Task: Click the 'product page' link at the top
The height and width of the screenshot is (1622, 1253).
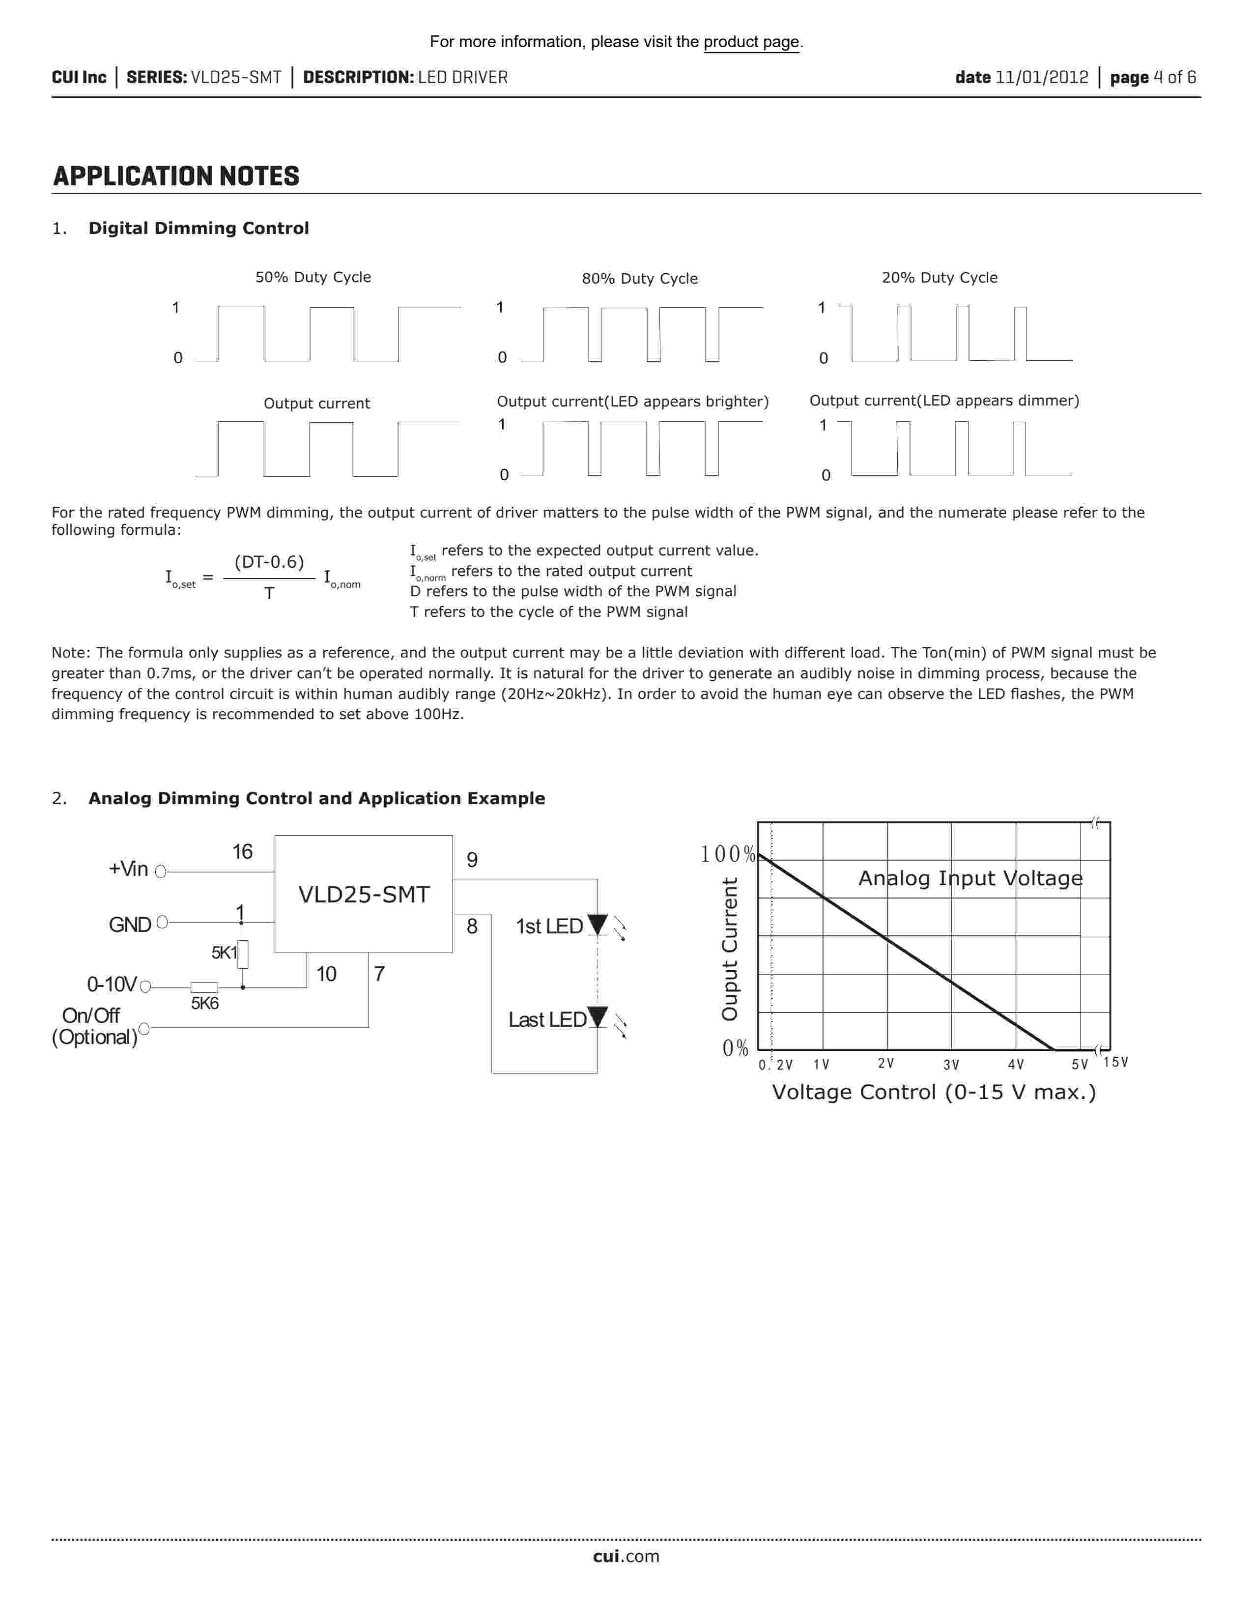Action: pos(751,42)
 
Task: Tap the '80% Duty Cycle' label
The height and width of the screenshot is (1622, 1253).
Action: pos(639,279)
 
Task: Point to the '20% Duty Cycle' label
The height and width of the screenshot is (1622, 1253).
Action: pos(939,278)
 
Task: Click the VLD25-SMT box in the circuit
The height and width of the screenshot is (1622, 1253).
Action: pos(364,894)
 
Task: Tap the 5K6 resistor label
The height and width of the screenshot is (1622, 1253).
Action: pos(205,1003)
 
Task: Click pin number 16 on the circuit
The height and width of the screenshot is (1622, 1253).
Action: pos(242,852)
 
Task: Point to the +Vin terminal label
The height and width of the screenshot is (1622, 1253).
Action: pos(128,869)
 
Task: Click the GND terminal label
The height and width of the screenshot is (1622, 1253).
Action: pos(130,925)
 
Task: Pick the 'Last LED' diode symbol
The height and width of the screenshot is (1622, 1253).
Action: pos(598,1017)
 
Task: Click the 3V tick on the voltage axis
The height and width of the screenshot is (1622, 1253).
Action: pos(951,1065)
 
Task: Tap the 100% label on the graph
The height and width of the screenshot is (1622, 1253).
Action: pos(727,855)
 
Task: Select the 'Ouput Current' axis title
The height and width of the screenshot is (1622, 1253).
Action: pos(730,949)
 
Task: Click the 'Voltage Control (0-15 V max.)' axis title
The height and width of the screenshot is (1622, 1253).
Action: pos(933,1093)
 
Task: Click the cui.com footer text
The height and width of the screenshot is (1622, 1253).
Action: pos(626,1557)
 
